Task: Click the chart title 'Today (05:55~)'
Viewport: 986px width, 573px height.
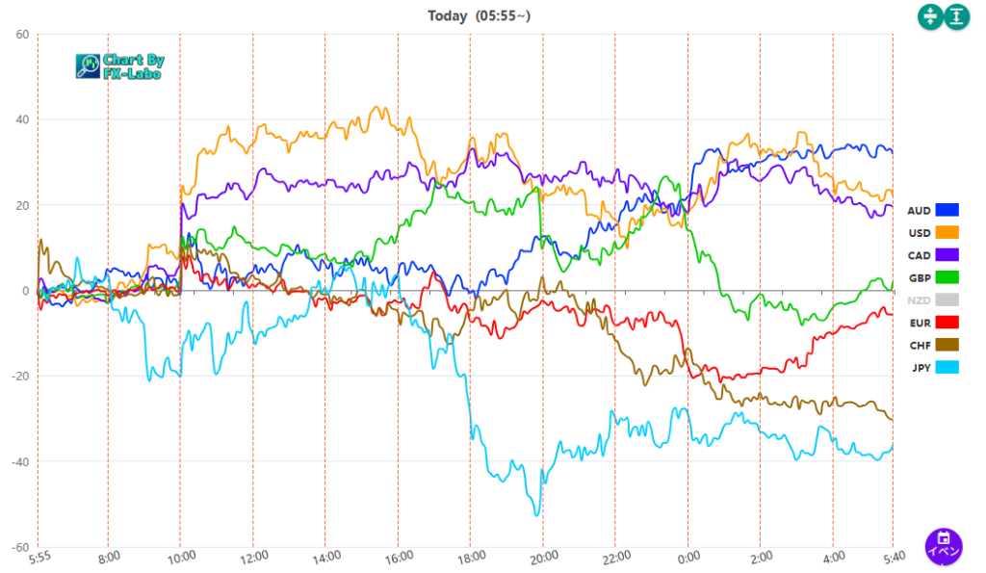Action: click(479, 15)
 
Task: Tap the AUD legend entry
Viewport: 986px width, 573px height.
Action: click(933, 210)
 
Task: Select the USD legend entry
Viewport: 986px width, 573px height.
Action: click(933, 232)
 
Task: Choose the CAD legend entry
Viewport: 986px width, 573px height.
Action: click(933, 254)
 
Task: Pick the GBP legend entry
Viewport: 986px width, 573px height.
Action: click(933, 277)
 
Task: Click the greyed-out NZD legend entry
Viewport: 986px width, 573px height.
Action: click(933, 300)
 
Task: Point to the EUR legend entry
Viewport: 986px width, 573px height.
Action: click(933, 322)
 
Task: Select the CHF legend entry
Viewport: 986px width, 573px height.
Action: click(933, 344)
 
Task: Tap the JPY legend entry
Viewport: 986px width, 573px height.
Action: click(933, 367)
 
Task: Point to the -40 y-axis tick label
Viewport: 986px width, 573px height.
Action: click(18, 462)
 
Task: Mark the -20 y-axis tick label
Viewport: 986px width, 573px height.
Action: click(18, 377)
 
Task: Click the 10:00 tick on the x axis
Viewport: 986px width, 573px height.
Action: click(182, 556)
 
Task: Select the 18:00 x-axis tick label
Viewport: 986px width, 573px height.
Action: click(471, 556)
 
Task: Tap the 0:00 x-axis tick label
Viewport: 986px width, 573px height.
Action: click(688, 556)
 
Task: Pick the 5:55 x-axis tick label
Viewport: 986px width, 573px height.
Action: click(39, 556)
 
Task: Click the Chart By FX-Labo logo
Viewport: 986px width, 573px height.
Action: click(120, 66)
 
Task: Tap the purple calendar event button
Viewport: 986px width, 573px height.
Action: click(944, 546)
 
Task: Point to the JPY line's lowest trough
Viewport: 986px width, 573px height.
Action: click(536, 514)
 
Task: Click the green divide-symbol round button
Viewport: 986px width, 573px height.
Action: click(930, 16)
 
